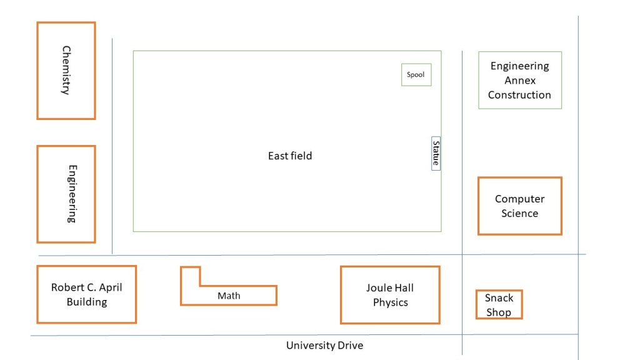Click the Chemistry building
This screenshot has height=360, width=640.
[66, 71]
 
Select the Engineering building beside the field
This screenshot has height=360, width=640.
[66, 194]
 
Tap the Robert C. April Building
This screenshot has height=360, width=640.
[86, 295]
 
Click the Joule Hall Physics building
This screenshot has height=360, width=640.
[390, 295]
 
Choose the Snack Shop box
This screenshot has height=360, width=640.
[499, 305]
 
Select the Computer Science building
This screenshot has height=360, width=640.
[519, 206]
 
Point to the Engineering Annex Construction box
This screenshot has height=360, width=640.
[519, 80]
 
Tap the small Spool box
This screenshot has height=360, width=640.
[416, 75]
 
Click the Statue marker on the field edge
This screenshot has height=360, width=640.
[436, 153]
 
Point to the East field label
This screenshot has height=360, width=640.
[290, 156]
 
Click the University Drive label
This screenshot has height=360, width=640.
[324, 346]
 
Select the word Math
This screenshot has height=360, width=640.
[229, 296]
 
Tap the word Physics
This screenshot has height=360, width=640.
[391, 302]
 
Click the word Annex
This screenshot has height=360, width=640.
[520, 81]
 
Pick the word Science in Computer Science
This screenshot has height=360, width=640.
[519, 214]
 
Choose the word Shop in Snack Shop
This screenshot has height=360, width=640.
[499, 312]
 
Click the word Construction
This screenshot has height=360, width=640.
[519, 95]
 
